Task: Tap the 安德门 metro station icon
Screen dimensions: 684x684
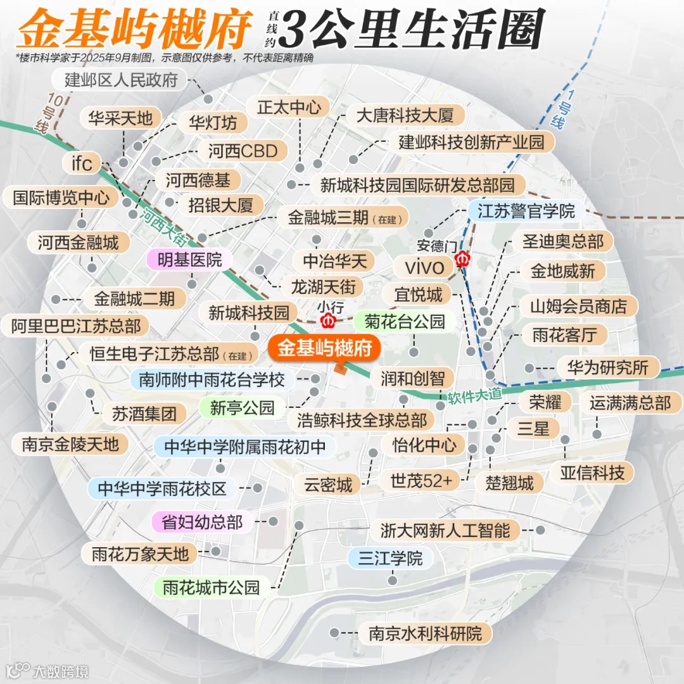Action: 462,259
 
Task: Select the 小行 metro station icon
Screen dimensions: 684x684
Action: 328,320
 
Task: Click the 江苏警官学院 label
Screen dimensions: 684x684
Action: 526,210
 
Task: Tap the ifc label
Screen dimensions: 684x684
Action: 82,163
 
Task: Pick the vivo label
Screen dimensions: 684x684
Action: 424,267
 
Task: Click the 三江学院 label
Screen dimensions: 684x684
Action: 390,559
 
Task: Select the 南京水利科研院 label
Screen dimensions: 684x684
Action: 426,633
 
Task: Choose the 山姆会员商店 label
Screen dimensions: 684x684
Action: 578,307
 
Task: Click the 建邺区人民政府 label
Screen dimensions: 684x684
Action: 121,80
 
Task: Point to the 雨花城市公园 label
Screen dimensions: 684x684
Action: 212,587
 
